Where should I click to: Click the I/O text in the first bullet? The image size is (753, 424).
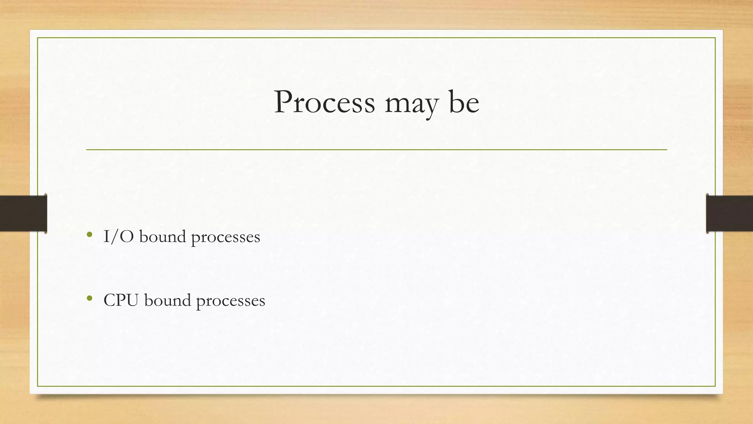click(x=118, y=237)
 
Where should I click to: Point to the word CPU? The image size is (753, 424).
click(x=121, y=300)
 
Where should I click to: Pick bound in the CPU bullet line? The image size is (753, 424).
click(x=168, y=300)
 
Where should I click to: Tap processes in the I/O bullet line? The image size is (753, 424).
click(x=225, y=238)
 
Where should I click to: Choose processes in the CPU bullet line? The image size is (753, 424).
click(x=231, y=301)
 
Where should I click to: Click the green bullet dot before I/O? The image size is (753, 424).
click(x=89, y=234)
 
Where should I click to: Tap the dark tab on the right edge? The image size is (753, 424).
click(x=729, y=213)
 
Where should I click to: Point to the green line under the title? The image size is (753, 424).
click(x=376, y=150)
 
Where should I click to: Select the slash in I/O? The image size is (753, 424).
click(x=113, y=237)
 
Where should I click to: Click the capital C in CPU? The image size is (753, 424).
click(x=110, y=300)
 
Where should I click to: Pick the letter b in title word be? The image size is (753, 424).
click(x=456, y=101)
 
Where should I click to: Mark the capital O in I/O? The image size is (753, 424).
click(x=126, y=237)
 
